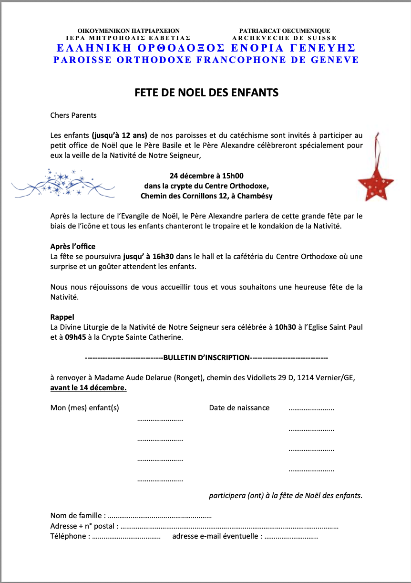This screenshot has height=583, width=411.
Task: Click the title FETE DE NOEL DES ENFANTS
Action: pyautogui.click(x=206, y=93)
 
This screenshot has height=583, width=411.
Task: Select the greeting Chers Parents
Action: pyautogui.click(x=73, y=115)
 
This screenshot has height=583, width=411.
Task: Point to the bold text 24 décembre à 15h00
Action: pyautogui.click(x=206, y=176)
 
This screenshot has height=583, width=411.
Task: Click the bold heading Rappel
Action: pyautogui.click(x=62, y=317)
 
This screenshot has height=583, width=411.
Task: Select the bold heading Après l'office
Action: pyautogui.click(x=73, y=246)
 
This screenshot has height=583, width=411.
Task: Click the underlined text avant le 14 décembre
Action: pyautogui.click(x=88, y=387)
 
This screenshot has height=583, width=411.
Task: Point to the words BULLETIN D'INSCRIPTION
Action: pyautogui.click(x=206, y=357)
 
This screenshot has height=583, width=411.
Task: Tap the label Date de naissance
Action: pyautogui.click(x=239, y=407)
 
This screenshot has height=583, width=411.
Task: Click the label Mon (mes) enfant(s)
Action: pyautogui.click(x=84, y=407)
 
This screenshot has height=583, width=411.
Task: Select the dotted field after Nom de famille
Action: pyautogui.click(x=160, y=516)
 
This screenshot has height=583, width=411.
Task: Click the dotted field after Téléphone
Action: pyautogui.click(x=126, y=536)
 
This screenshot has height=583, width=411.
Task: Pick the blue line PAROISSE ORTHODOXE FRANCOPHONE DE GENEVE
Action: pyautogui.click(x=206, y=60)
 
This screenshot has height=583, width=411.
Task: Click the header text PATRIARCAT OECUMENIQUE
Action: pyautogui.click(x=284, y=31)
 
